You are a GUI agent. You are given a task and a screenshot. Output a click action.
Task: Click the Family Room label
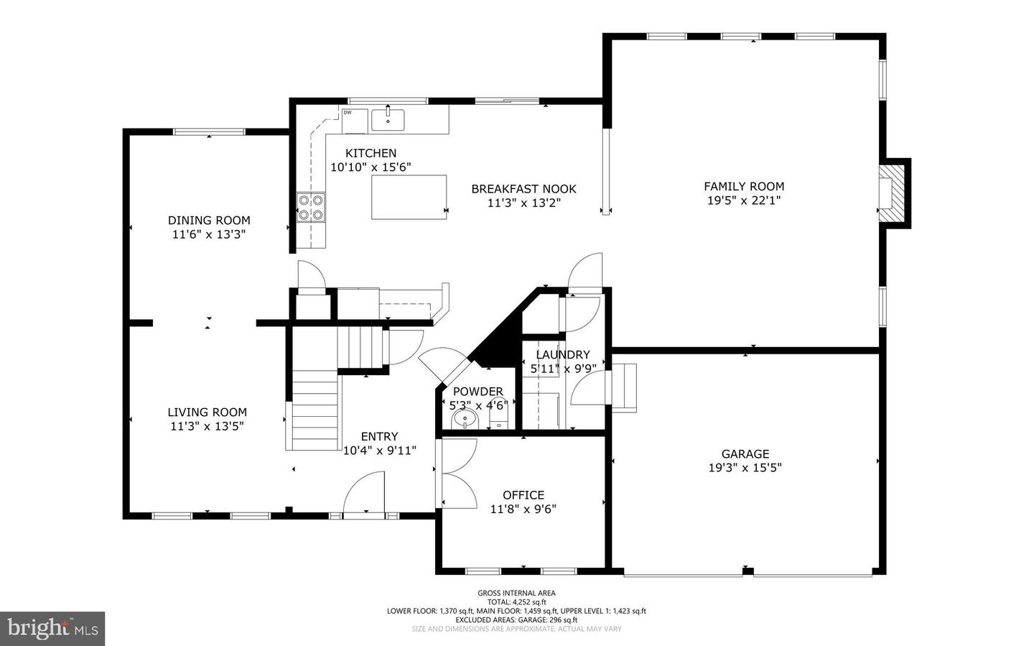tap(743, 186)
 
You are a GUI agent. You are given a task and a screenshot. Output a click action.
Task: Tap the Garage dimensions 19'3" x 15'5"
tap(745, 468)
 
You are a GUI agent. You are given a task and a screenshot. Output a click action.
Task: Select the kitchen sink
tap(388, 120)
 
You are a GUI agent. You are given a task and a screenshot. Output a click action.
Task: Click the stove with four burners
tap(311, 207)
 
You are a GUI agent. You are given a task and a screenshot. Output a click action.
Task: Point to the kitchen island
tap(409, 197)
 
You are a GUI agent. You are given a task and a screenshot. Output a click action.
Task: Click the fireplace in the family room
tap(890, 194)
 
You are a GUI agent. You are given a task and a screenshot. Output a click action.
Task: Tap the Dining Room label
tap(209, 221)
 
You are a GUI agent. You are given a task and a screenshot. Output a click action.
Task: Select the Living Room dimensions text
tap(207, 426)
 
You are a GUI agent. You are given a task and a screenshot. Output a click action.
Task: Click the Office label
tap(523, 495)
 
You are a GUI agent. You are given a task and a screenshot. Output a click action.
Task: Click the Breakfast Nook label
tap(523, 189)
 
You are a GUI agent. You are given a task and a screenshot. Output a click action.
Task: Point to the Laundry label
tap(562, 355)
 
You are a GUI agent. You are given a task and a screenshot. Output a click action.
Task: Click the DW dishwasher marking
tap(348, 113)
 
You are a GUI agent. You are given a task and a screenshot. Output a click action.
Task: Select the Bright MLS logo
tap(52, 629)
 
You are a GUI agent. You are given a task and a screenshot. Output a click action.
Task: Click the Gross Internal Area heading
tap(516, 593)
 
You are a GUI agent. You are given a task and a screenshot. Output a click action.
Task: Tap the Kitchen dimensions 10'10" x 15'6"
tap(371, 167)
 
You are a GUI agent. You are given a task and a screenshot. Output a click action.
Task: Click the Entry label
tap(379, 436)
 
